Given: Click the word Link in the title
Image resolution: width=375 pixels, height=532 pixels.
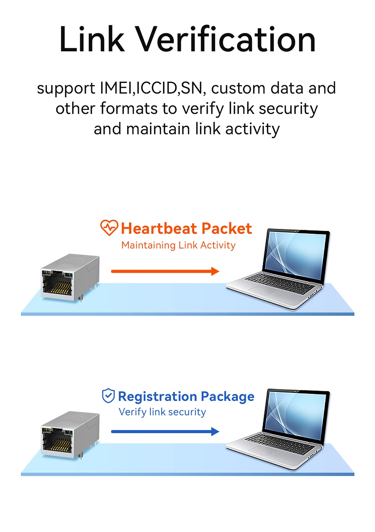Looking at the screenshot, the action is pos(92,39).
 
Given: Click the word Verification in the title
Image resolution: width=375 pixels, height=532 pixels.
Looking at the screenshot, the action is pos(227,39).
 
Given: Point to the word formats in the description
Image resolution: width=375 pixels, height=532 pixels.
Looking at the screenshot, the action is pos(129,108).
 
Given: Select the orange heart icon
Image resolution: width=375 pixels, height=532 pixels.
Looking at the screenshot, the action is pos(109,228).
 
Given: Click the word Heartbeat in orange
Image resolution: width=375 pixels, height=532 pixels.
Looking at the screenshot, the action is pos(159,228).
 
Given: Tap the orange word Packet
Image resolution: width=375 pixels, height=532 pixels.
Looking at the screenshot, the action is pos(227,228).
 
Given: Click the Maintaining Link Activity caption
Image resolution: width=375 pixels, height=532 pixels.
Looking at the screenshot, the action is pos(178,245).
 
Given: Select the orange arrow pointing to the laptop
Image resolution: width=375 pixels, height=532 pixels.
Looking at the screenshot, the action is pos(165,271).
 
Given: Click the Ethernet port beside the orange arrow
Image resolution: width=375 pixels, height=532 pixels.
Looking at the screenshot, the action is pos(70,277).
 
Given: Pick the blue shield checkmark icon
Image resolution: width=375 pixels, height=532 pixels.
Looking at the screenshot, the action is pos(109,396).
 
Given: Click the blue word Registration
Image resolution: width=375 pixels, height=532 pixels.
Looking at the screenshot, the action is pos(158,396).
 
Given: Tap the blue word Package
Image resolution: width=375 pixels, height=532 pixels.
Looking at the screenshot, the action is pos(228,396).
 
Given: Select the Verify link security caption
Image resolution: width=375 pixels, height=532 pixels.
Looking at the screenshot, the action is pos(162,412).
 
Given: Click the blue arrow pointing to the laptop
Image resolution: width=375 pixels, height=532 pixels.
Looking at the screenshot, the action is pos(165,432).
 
